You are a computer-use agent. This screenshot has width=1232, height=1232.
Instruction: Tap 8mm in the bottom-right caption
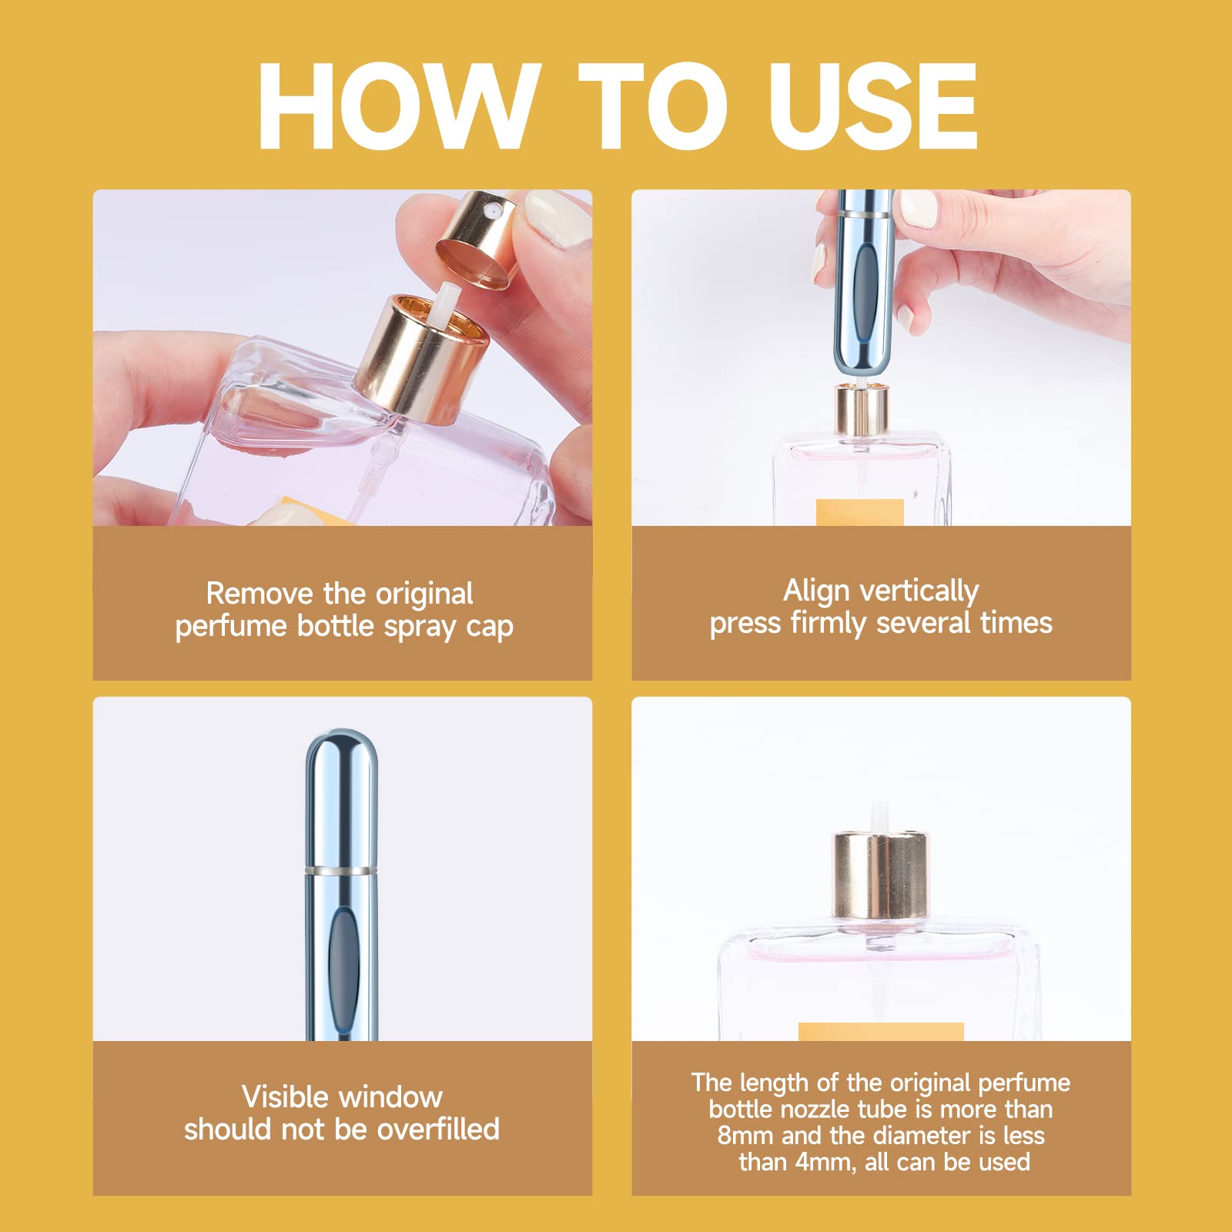click(745, 1136)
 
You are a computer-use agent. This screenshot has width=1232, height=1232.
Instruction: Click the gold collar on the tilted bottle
click(420, 362)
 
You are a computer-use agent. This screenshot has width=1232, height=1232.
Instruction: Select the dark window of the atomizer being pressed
click(865, 285)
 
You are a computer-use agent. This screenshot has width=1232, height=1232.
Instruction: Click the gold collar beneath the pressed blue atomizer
click(862, 410)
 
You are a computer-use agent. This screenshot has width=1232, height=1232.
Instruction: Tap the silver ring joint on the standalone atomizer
click(341, 870)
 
